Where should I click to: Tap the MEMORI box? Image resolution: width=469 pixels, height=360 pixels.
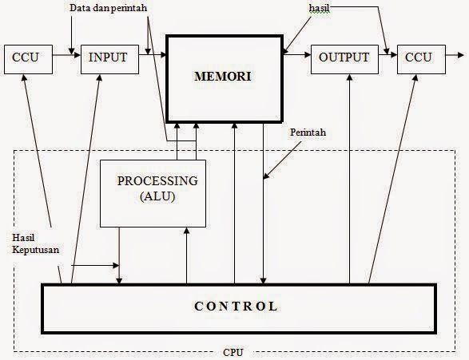point(224,78)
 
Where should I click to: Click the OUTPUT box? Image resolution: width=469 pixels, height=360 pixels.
point(344,57)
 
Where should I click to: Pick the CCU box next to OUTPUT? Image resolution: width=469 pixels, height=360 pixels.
point(418,57)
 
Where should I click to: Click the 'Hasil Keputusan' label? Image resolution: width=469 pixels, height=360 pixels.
point(34,243)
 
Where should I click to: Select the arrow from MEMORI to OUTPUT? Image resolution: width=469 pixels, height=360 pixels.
point(296,56)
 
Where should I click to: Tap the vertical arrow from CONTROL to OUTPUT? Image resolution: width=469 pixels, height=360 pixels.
point(349,176)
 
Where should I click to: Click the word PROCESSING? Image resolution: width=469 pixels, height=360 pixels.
point(157,180)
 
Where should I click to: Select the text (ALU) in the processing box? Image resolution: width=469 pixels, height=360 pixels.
point(157,196)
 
